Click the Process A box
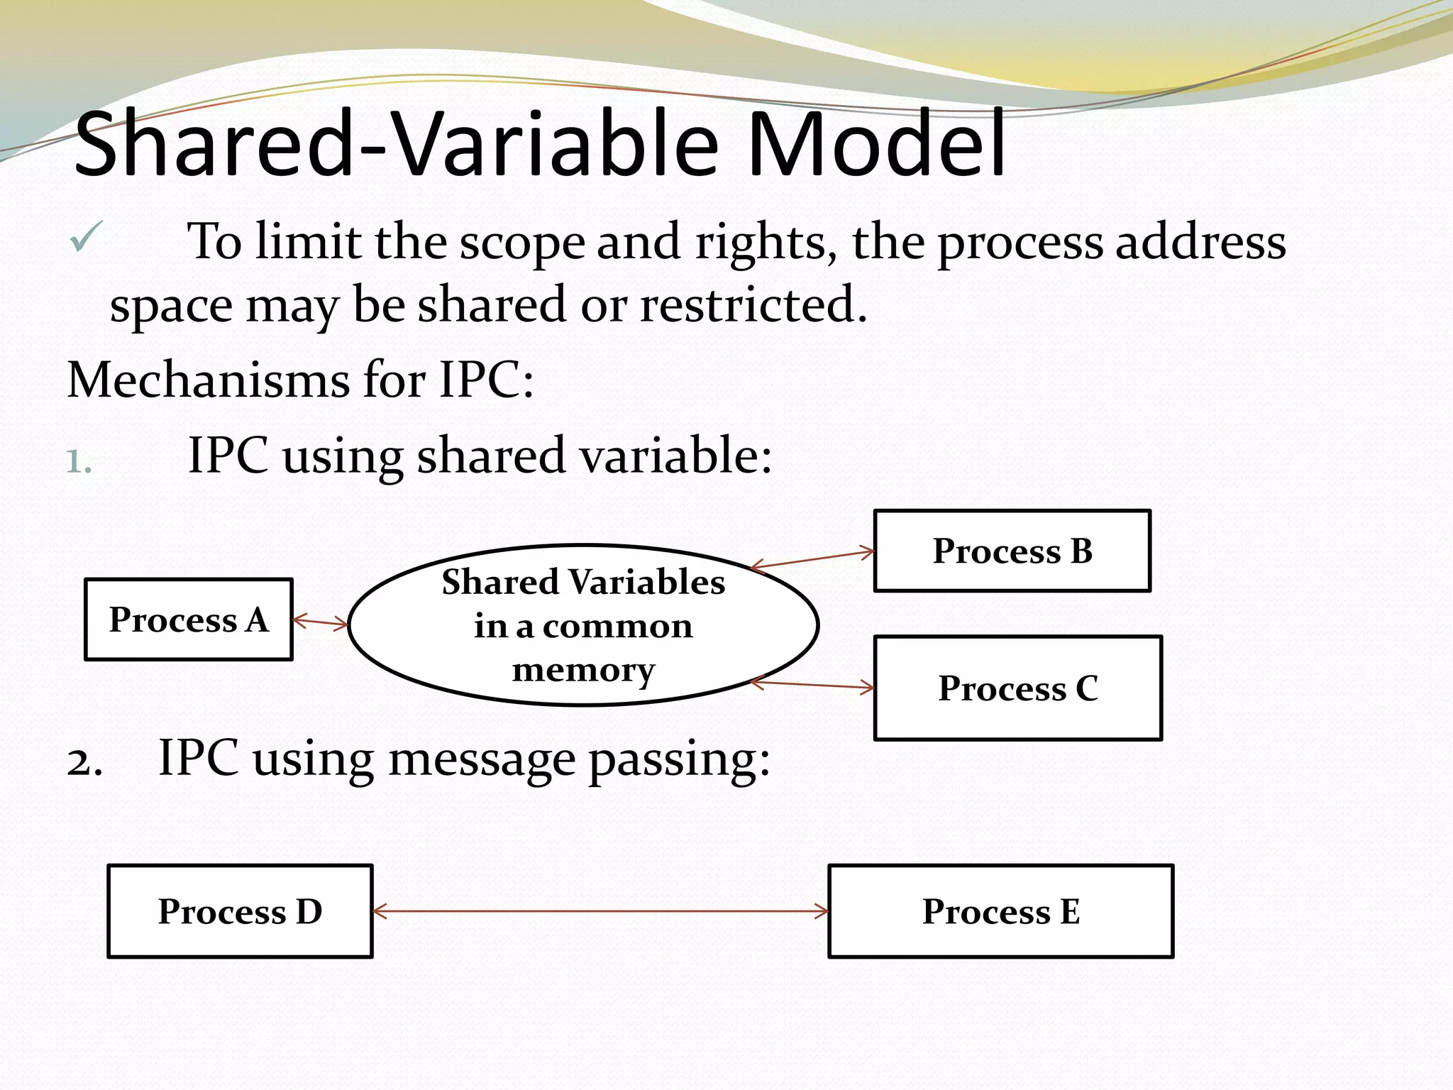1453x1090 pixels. pyautogui.click(x=188, y=620)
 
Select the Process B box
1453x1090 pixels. pyautogui.click(x=1012, y=551)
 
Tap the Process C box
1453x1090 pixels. pyautogui.click(x=1017, y=688)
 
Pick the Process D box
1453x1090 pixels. pyautogui.click(x=240, y=911)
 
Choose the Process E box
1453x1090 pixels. pyautogui.click(x=1000, y=911)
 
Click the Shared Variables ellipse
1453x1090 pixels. pyautogui.click(x=583, y=625)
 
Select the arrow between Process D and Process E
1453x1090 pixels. pyautogui.click(x=600, y=911)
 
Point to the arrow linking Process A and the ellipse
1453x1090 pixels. pyautogui.click(x=321, y=622)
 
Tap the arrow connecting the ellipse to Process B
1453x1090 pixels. pyautogui.click(x=813, y=559)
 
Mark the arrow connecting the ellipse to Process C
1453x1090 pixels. pyautogui.click(x=813, y=685)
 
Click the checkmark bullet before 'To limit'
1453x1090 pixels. pyautogui.click(x=87, y=237)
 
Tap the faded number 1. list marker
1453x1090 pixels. pyautogui.click(x=79, y=462)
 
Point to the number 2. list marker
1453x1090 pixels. pyautogui.click(x=84, y=763)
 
